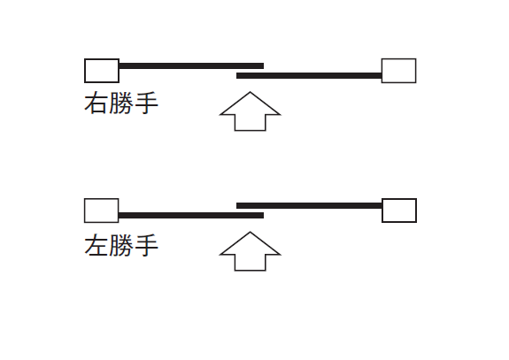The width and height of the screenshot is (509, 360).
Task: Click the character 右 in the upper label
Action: tap(96, 103)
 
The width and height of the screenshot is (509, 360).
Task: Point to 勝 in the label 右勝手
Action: tap(121, 103)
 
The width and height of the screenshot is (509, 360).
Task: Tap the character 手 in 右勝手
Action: tap(146, 103)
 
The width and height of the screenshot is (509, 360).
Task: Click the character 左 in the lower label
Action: tap(96, 245)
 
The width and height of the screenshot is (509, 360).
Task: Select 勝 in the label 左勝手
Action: tap(121, 245)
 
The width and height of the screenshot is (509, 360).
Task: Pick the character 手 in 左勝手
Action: tap(146, 245)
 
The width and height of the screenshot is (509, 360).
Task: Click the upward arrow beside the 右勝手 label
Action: tap(250, 111)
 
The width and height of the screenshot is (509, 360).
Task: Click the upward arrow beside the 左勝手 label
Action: tap(250, 251)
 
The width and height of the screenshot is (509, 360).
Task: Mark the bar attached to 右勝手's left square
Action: tap(191, 66)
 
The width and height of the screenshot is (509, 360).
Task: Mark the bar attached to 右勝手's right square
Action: tap(309, 76)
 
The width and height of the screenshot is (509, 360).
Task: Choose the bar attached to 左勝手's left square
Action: tap(191, 215)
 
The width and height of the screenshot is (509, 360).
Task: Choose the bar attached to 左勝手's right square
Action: tap(309, 205)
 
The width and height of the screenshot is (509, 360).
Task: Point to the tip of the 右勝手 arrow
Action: tap(250, 92)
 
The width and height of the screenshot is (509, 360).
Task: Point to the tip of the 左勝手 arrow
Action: tap(250, 232)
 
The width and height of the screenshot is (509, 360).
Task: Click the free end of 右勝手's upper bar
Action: tap(263, 66)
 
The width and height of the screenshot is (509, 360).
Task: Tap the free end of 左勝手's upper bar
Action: tap(236, 205)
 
